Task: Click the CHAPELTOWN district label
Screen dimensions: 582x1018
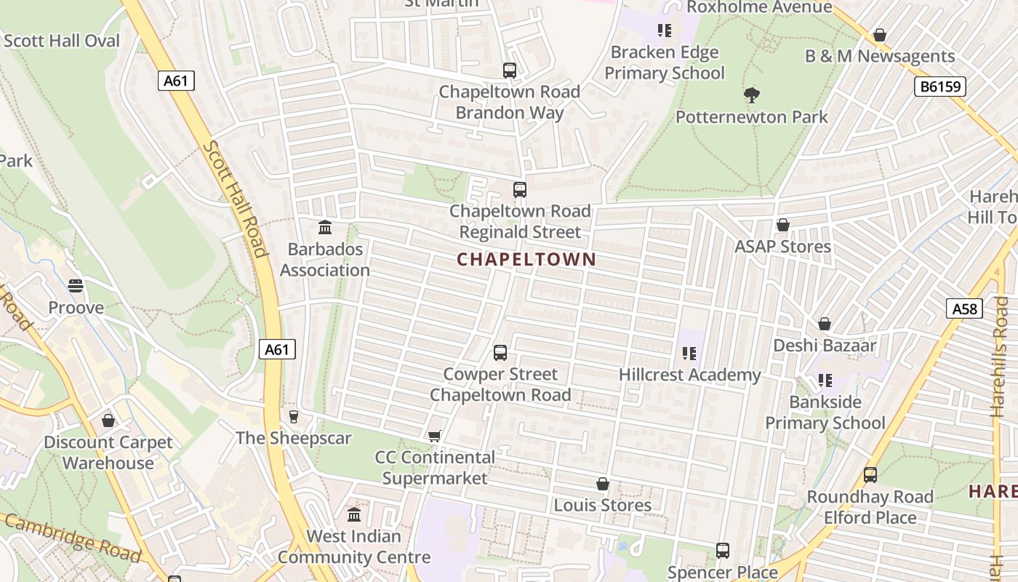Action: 526,259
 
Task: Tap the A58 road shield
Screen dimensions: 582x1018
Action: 965,308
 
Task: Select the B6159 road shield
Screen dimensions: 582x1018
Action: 939,87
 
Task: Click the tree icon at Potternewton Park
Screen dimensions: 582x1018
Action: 752,95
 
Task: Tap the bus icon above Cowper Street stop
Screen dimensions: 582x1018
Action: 500,353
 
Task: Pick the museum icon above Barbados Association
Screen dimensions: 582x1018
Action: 325,228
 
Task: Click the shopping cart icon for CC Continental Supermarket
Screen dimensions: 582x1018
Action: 434,436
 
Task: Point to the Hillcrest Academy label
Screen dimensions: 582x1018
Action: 689,375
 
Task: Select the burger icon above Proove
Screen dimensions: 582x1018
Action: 76,286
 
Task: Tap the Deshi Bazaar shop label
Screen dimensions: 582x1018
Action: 825,345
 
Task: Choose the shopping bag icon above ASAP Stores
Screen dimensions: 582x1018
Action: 783,225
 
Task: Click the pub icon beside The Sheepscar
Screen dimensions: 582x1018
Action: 293,417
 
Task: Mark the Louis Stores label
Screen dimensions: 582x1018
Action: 603,505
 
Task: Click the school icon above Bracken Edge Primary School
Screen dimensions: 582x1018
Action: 664,31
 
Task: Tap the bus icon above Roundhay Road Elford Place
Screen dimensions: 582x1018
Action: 870,475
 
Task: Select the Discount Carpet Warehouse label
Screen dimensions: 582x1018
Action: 108,453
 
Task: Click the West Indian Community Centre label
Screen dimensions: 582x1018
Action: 354,546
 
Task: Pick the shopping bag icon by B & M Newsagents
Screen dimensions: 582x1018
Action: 880,35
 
